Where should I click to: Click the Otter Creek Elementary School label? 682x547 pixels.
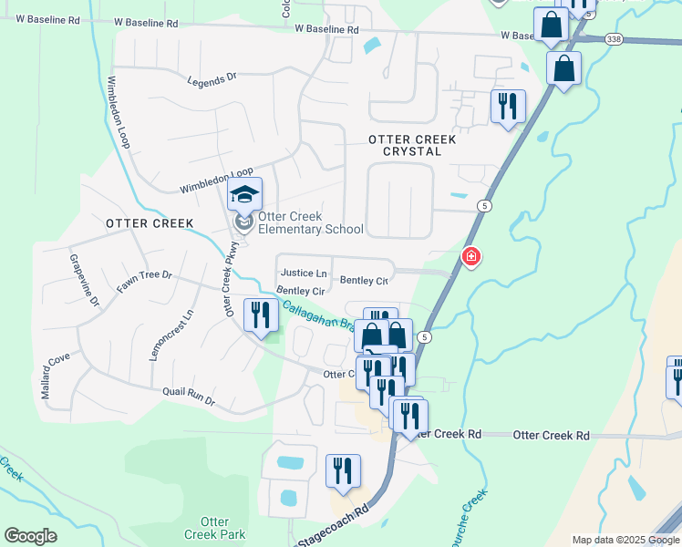310,223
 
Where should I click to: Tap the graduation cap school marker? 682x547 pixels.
244,195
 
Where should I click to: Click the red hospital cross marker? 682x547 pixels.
471,258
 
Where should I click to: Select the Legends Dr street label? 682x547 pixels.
212,81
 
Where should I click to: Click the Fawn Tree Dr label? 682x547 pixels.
144,281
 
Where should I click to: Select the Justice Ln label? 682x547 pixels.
304,273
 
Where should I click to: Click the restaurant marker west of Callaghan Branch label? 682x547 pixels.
262,315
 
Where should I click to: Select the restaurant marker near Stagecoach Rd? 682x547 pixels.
344,471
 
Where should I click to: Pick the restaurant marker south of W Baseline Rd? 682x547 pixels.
507,106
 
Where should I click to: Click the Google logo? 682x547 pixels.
31,536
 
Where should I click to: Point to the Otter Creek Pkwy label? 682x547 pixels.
231,279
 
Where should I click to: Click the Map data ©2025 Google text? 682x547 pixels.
625,540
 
